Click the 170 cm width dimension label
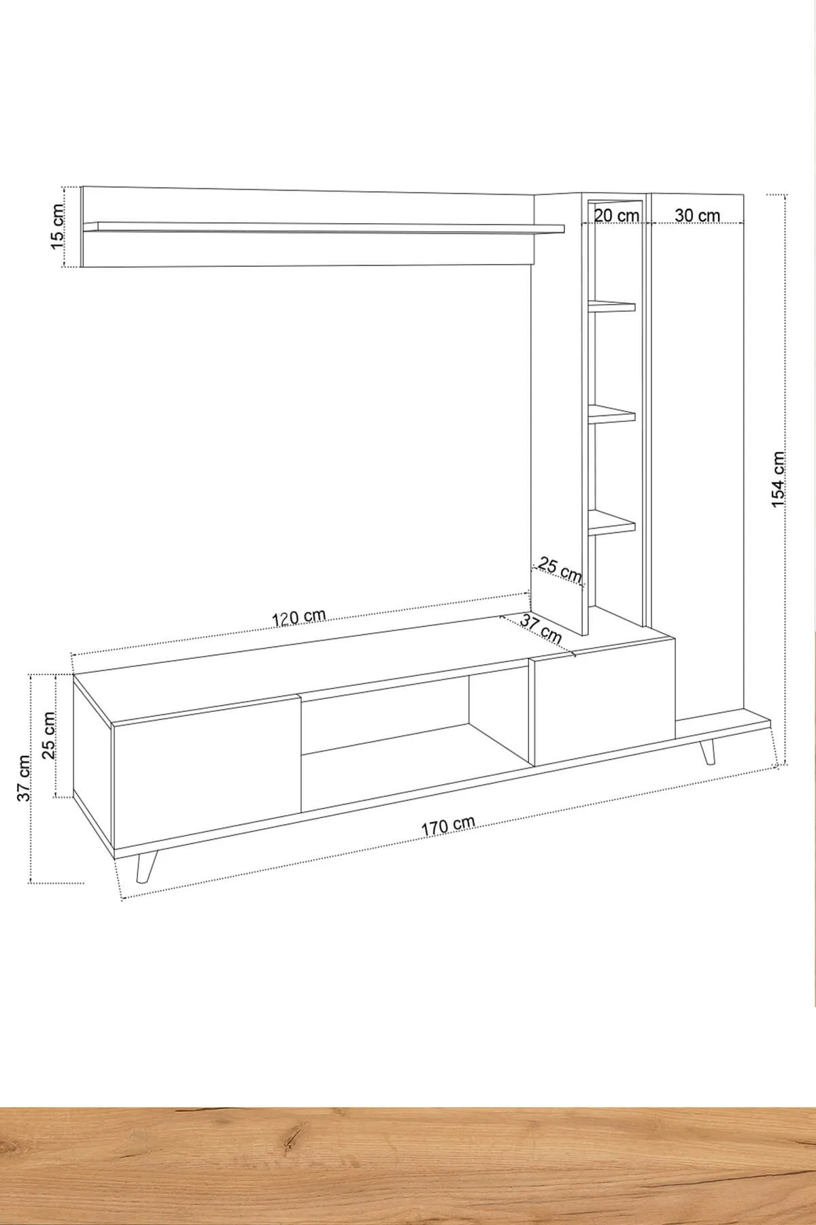448,826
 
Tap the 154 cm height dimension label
778,479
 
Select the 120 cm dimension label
299,617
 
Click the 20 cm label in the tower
617,215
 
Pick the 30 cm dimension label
698,215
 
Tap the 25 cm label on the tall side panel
560,570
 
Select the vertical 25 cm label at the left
48,735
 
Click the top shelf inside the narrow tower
612,306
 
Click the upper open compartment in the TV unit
384,715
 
